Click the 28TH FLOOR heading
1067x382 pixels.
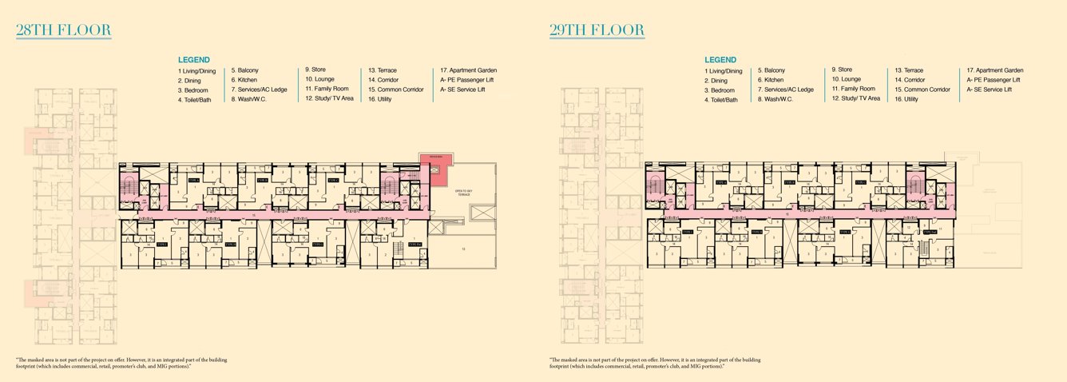pos(63,31)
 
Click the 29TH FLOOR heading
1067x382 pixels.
pos(597,31)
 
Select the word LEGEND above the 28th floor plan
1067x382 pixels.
pos(194,60)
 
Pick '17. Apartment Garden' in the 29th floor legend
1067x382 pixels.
pos(995,70)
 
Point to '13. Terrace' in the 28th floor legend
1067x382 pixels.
pos(383,70)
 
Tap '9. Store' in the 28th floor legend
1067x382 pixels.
pos(315,70)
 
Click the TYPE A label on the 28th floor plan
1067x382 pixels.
pos(193,182)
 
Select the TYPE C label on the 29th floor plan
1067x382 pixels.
pos(860,182)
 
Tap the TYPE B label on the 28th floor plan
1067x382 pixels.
pos(262,182)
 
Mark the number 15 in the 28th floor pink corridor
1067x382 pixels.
pos(254,215)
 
